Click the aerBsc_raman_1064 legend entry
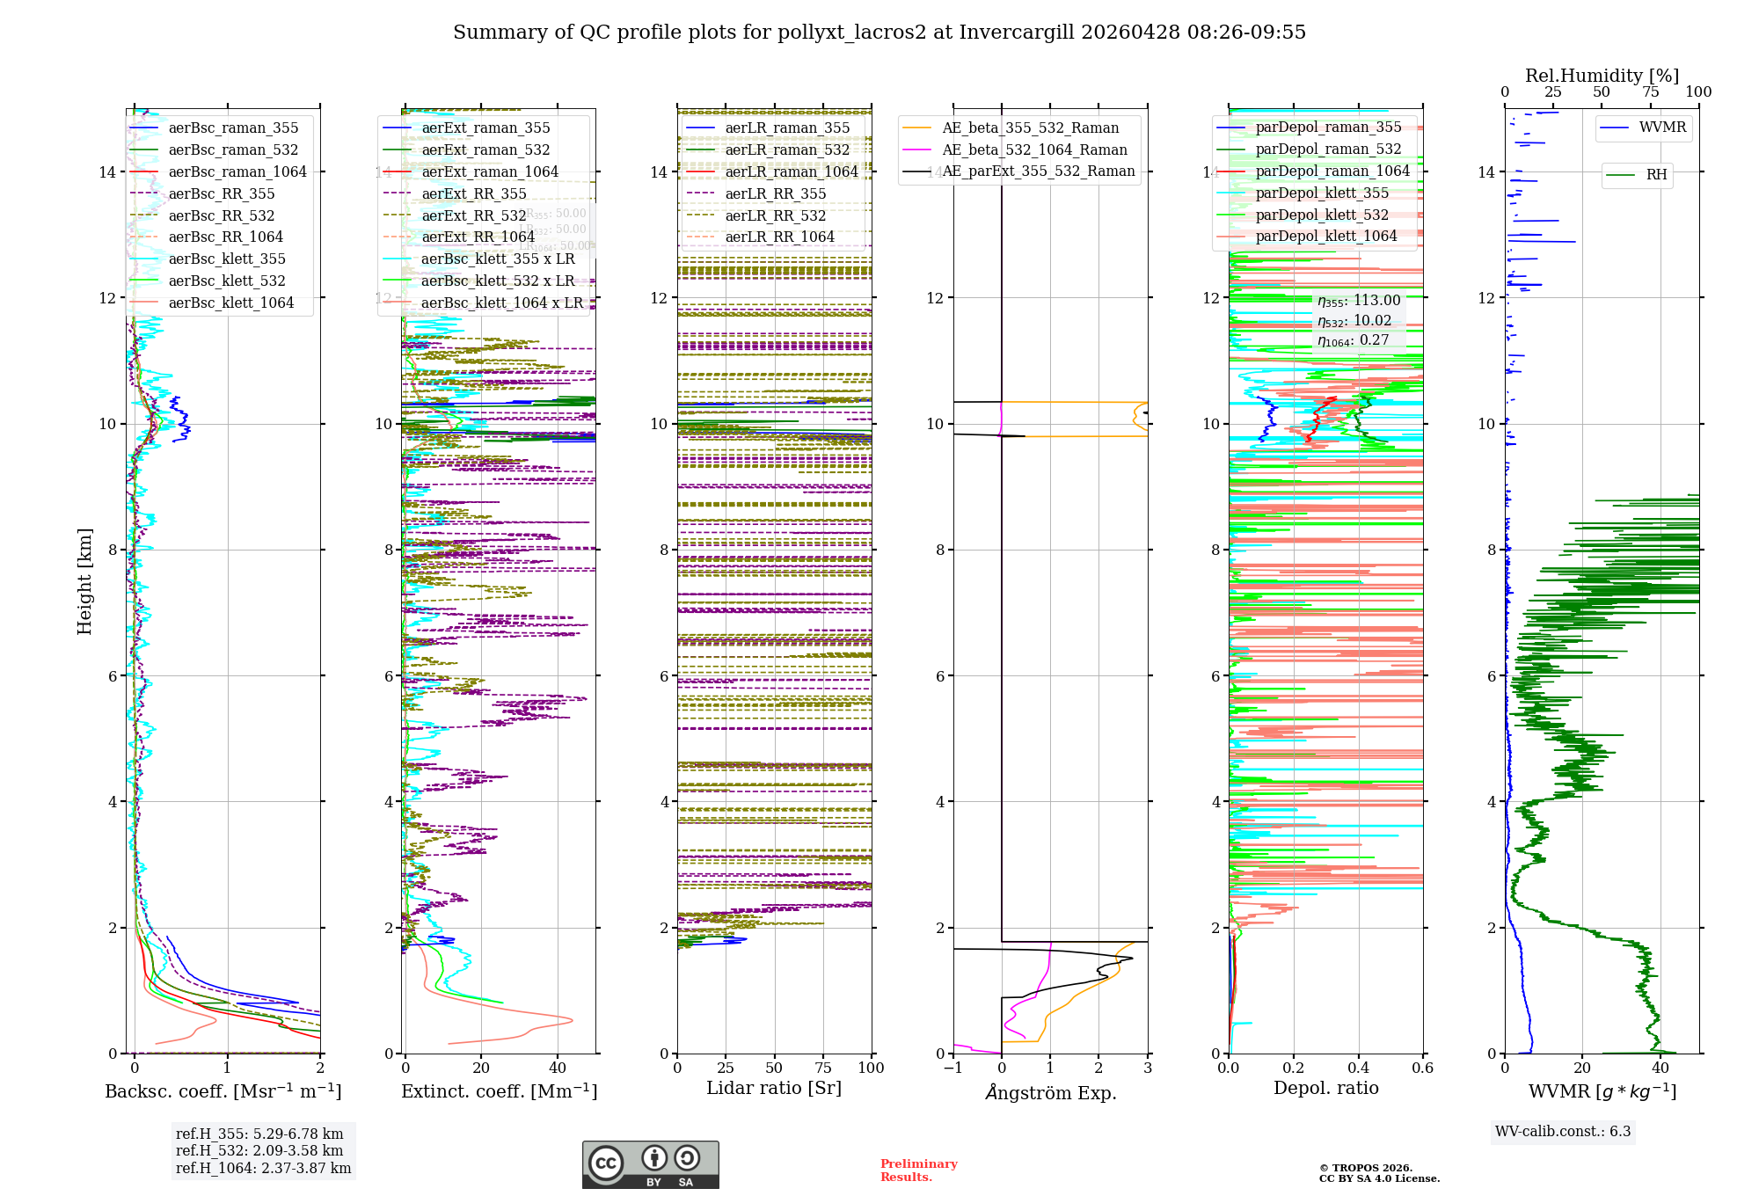pyautogui.click(x=237, y=171)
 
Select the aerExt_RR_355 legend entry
pyautogui.click(x=473, y=193)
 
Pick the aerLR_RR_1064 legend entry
pyautogui.click(x=779, y=237)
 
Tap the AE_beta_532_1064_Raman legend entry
pyautogui.click(x=1034, y=149)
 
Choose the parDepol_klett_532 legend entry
pyautogui.click(x=1322, y=215)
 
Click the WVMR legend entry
pyautogui.click(x=1662, y=128)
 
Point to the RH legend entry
pyautogui.click(x=1656, y=175)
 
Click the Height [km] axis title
pyautogui.click(x=84, y=581)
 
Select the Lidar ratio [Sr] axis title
pyautogui.click(x=774, y=1088)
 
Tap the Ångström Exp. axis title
pyautogui.click(x=1050, y=1092)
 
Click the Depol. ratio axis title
pyautogui.click(x=1325, y=1088)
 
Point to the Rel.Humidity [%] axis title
pyautogui.click(x=1602, y=76)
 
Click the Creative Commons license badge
pyautogui.click(x=650, y=1164)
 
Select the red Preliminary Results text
pyautogui.click(x=918, y=1170)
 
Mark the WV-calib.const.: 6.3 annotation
pyautogui.click(x=1562, y=1131)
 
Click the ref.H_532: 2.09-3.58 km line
pyautogui.click(x=259, y=1150)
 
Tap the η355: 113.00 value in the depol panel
pyautogui.click(x=1359, y=301)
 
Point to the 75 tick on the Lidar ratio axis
pyautogui.click(x=823, y=1068)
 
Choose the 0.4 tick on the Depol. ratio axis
pyautogui.click(x=1358, y=1068)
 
